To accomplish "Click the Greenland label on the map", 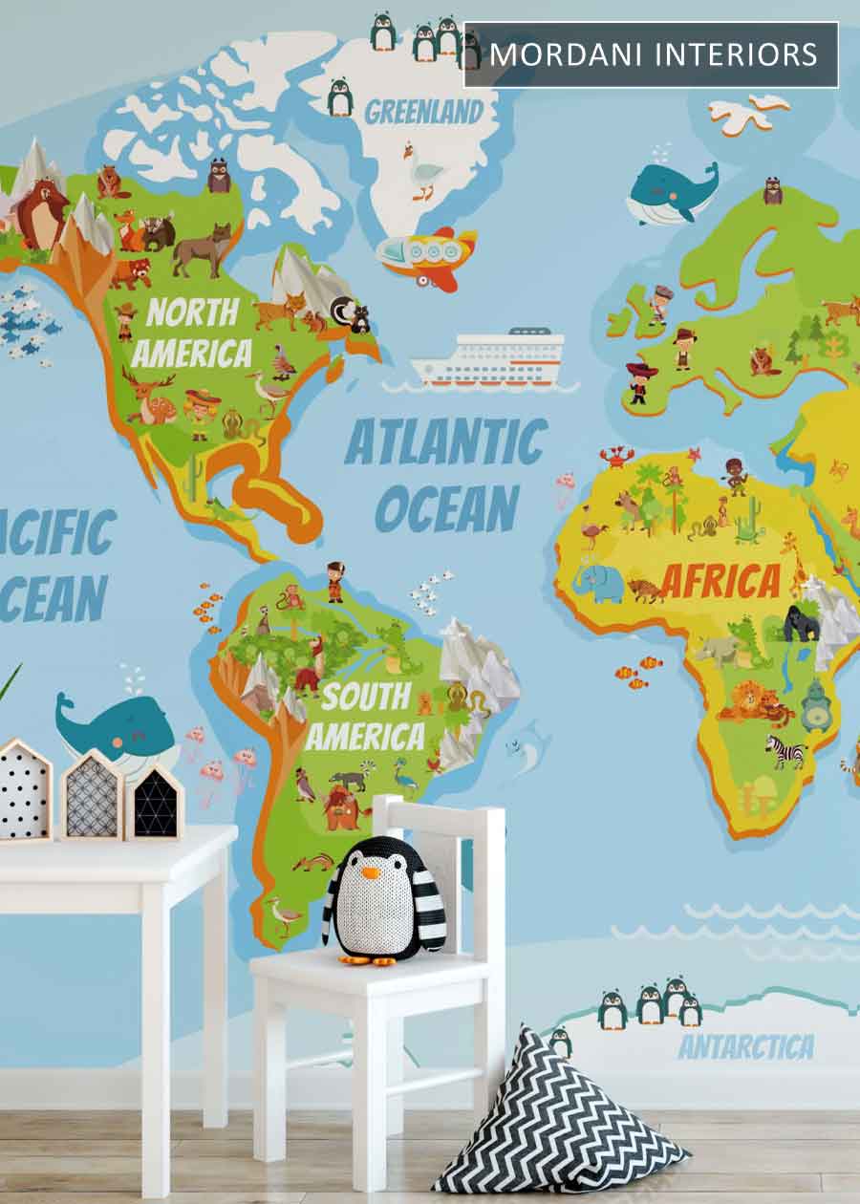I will point(423,113).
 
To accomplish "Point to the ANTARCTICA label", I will point(745,1046).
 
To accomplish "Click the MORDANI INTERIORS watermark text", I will point(654,54).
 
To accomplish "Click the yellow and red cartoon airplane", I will point(427,256).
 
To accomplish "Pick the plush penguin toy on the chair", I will point(384,899).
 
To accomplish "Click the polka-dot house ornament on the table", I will point(24,789).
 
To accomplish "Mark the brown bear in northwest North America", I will point(40,212).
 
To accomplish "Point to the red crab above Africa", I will point(613,458).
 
